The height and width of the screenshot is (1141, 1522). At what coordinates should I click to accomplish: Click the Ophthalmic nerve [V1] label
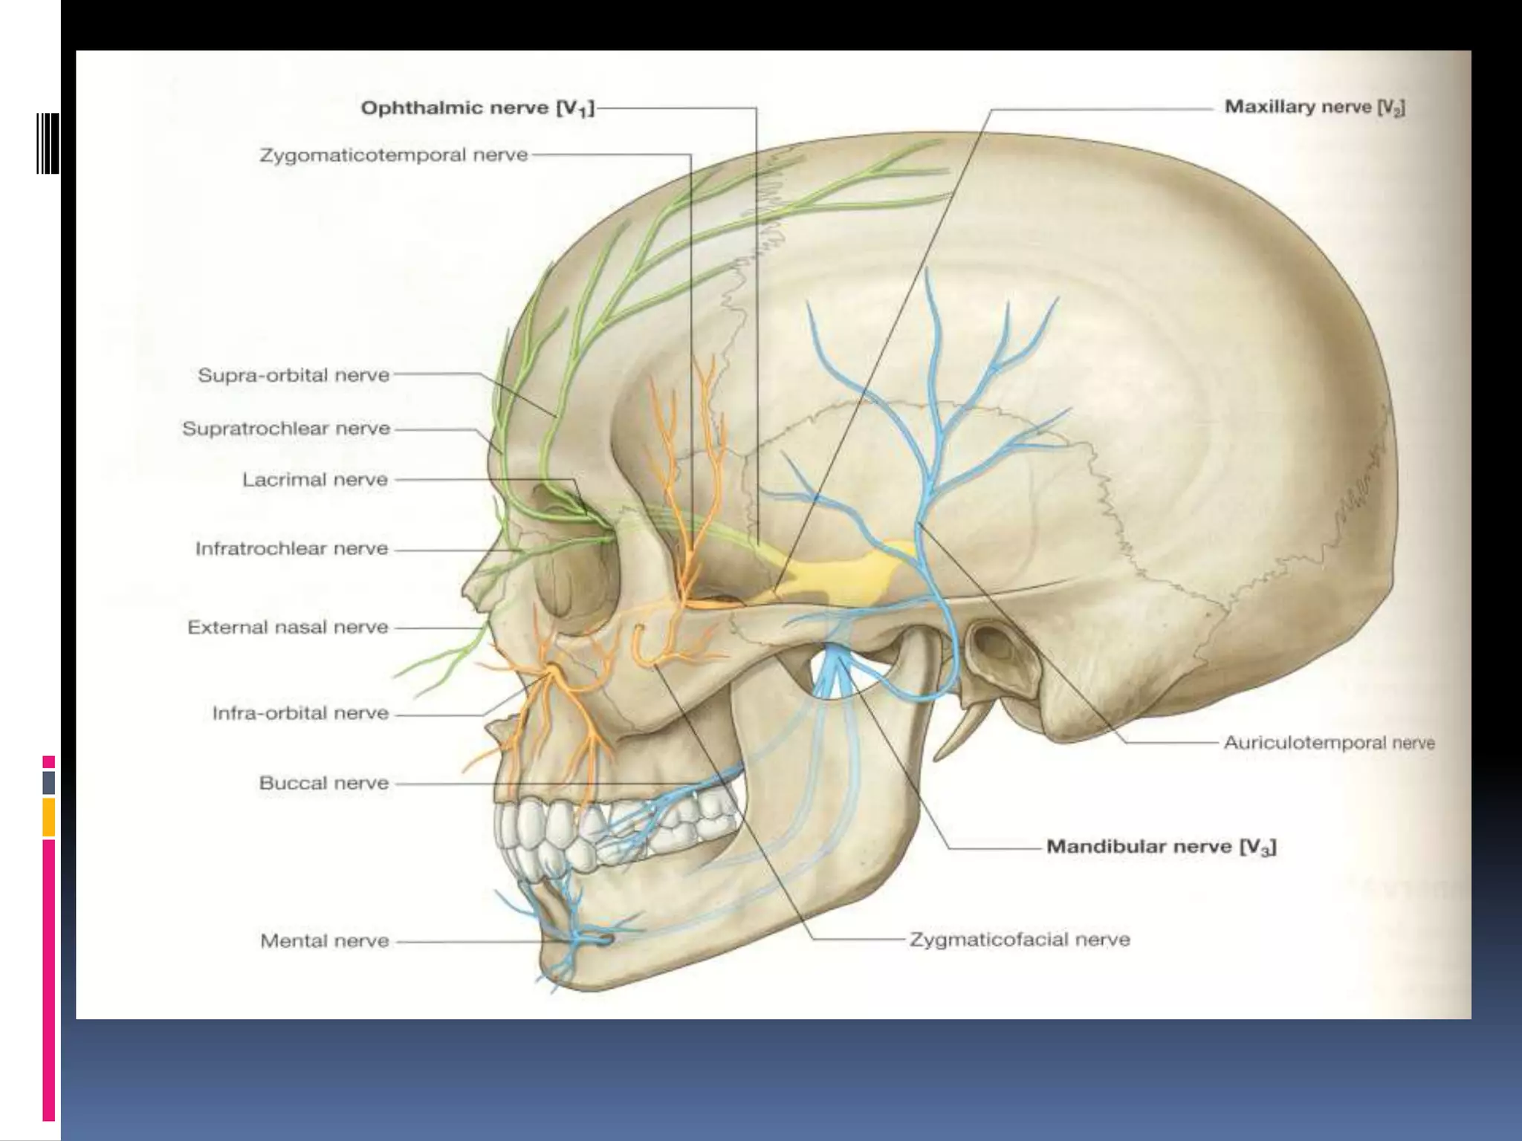[x=477, y=108]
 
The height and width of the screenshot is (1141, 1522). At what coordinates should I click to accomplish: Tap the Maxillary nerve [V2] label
[x=1314, y=108]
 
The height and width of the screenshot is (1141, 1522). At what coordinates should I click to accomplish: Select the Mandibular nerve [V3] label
[x=1161, y=847]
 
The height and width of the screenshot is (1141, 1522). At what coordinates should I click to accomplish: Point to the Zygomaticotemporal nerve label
[x=393, y=155]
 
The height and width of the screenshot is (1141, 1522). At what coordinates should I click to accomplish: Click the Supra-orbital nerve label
[x=294, y=375]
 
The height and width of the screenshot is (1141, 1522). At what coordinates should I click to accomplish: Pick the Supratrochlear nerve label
[x=286, y=429]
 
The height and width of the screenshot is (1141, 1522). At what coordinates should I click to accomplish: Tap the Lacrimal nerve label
[x=315, y=480]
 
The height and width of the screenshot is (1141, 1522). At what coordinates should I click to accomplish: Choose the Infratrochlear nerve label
[x=291, y=549]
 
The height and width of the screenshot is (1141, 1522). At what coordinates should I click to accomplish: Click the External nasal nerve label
[x=288, y=628]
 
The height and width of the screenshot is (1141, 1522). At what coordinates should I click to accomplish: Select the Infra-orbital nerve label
[x=300, y=713]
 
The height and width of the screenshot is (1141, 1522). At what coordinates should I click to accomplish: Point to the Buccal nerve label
[x=323, y=783]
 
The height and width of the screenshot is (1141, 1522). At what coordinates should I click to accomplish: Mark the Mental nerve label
[x=324, y=941]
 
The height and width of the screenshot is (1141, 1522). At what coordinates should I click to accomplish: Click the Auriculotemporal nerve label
[x=1329, y=743]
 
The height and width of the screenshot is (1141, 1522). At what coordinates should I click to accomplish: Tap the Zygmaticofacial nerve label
[x=1020, y=940]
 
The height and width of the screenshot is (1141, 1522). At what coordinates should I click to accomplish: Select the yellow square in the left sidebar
[x=49, y=817]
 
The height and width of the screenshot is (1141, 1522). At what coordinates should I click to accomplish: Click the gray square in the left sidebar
[x=49, y=782]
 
